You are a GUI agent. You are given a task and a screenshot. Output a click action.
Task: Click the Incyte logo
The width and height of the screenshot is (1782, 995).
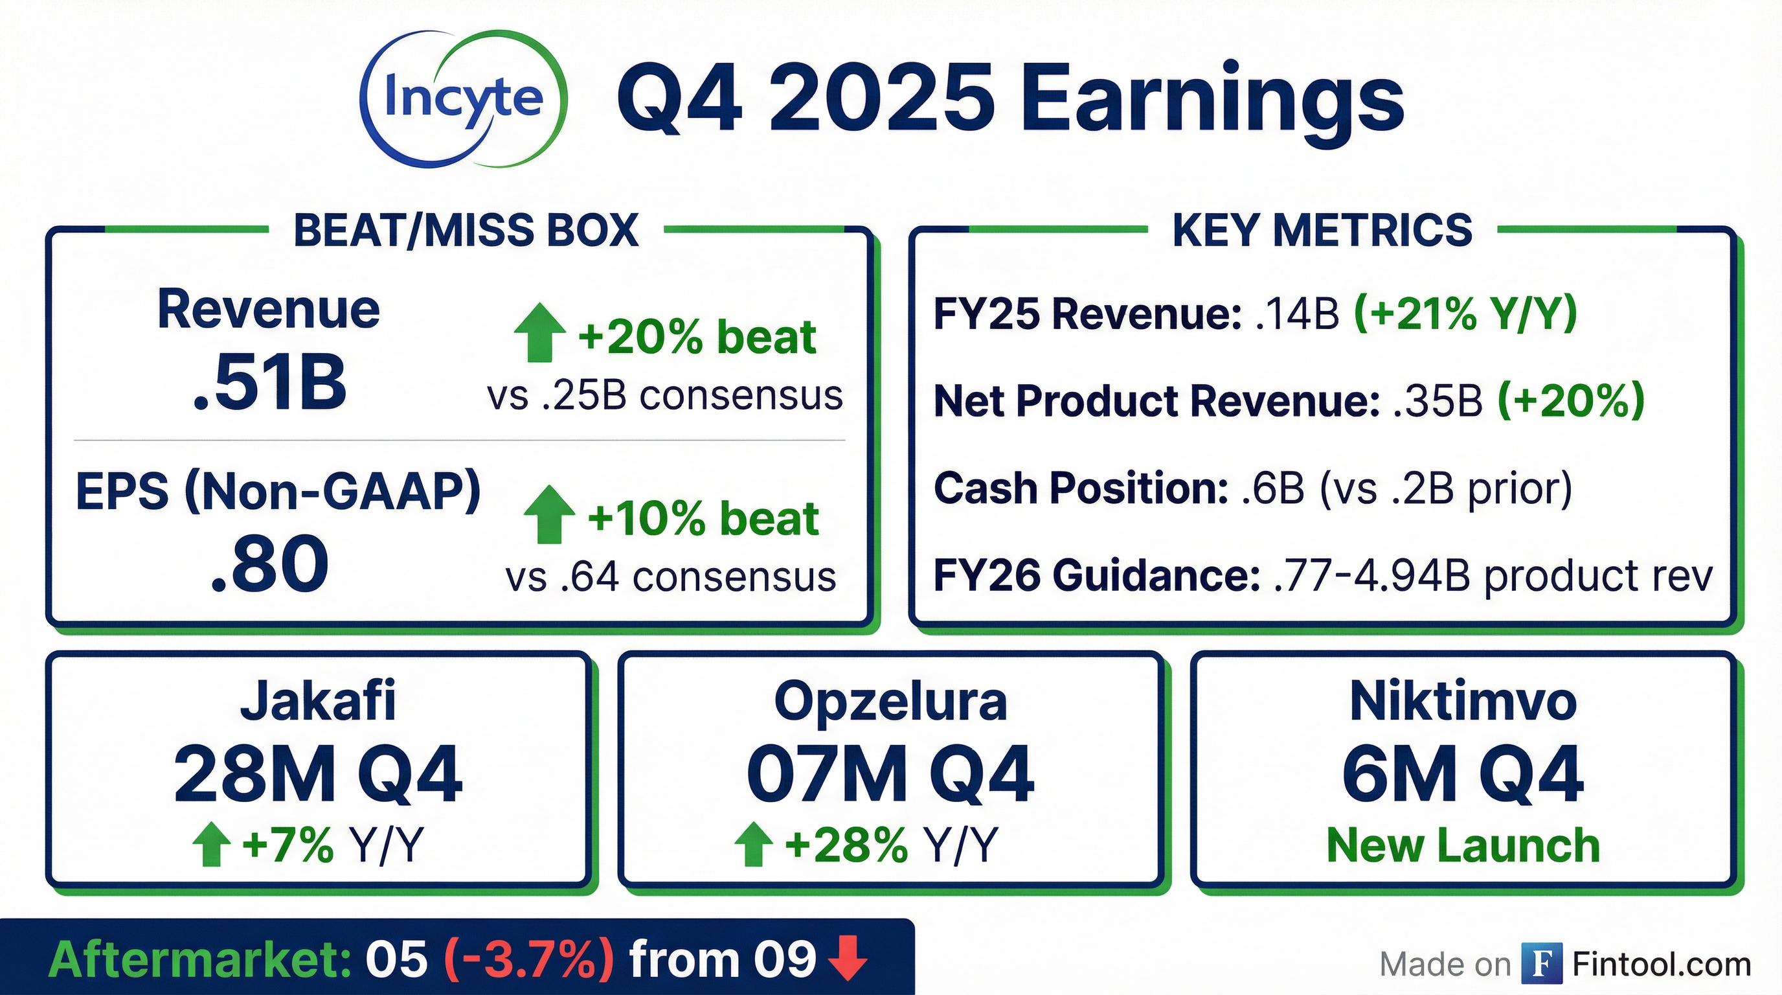[x=463, y=98]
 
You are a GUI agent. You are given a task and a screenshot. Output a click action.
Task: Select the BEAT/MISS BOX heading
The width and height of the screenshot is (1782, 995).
[x=466, y=230]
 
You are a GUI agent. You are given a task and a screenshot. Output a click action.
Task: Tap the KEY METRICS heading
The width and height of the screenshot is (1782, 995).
[x=1322, y=230]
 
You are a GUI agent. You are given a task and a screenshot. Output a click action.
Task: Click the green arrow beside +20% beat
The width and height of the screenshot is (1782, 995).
[x=539, y=334]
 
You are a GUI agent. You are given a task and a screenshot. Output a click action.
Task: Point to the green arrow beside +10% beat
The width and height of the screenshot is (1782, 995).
[x=549, y=514]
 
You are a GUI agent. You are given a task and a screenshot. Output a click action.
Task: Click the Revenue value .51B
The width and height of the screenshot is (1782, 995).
[x=269, y=382]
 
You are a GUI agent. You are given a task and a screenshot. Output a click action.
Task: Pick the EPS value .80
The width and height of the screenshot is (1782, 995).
[x=269, y=564]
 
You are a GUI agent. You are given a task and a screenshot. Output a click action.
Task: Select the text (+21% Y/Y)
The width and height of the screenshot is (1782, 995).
[x=1465, y=314]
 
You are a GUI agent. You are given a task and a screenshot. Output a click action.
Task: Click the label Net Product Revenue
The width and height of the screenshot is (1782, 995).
[x=1156, y=402]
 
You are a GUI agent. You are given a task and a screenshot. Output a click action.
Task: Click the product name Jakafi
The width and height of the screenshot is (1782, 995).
[x=318, y=700]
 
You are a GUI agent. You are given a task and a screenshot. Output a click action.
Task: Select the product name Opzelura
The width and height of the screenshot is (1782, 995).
[x=890, y=701]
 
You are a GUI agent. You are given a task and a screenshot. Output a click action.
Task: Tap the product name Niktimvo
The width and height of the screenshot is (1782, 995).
[x=1463, y=700]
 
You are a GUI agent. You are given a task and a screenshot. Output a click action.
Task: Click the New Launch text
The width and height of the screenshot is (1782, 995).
[x=1463, y=845]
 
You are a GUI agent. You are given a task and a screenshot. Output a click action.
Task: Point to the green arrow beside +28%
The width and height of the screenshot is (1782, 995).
[x=753, y=844]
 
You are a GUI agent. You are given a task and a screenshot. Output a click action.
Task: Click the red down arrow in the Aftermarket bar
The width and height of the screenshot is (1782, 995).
[x=848, y=958]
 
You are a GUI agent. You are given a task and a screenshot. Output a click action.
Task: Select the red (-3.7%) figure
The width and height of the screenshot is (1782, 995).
[x=528, y=960]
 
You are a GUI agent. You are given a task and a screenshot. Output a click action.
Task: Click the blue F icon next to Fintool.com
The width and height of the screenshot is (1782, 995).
[x=1542, y=963]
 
